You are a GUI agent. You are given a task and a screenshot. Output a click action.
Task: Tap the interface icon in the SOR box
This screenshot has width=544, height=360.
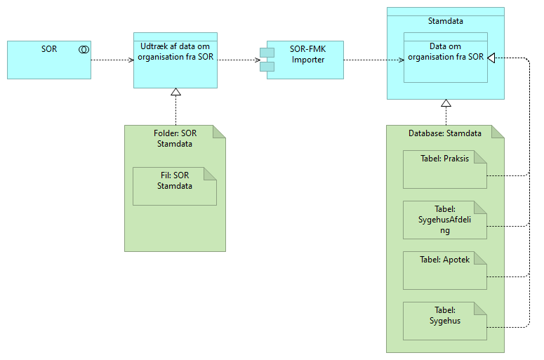tap(84, 49)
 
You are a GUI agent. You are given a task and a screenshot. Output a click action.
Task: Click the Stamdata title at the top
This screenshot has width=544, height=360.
tap(445, 22)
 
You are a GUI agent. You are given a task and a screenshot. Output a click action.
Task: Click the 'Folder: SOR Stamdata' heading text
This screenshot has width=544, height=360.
tap(174, 138)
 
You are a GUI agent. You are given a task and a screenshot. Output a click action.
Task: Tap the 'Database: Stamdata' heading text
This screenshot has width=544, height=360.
tap(445, 133)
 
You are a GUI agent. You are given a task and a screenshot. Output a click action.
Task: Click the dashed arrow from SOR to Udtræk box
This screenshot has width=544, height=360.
tap(112, 60)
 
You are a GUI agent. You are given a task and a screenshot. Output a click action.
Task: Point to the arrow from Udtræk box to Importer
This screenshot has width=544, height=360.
tap(239, 60)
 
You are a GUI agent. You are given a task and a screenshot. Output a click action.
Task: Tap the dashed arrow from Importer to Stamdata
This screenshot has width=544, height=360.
tap(365, 60)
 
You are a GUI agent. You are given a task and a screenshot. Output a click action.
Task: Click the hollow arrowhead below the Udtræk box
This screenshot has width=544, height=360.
tap(175, 93)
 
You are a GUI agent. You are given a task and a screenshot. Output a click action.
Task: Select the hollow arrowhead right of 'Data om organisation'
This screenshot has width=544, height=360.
tap(492, 58)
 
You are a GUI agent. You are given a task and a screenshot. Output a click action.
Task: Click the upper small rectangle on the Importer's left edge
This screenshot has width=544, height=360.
tap(266, 53)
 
